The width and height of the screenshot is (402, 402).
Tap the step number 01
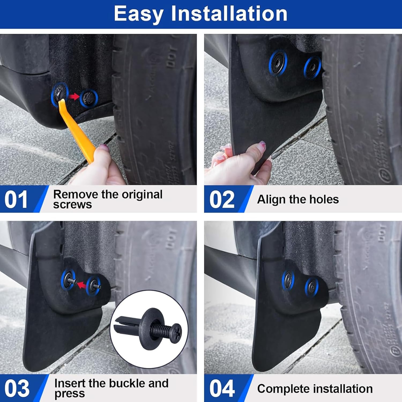16,200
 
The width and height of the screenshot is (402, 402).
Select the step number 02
222,200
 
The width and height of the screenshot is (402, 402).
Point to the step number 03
17,389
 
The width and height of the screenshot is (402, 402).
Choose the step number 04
222,389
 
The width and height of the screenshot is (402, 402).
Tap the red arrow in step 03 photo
82,285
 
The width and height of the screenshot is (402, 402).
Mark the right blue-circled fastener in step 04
312,287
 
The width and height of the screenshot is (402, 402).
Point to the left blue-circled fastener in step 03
68,280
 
